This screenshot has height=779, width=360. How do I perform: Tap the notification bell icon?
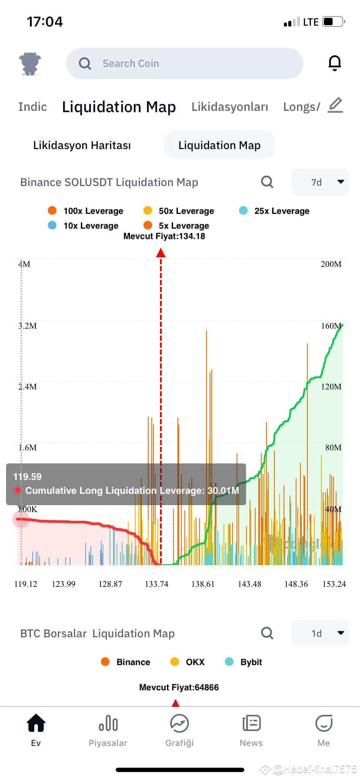(334, 63)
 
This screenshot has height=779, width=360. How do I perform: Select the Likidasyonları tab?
(230, 107)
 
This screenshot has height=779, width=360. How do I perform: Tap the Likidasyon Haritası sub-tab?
(82, 145)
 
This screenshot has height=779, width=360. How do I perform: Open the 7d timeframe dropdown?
(320, 182)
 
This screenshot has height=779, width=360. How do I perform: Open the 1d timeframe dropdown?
(320, 633)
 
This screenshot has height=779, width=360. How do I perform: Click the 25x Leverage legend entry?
(274, 211)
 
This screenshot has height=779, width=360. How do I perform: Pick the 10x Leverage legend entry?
(83, 226)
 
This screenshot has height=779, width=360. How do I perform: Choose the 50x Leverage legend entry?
(179, 211)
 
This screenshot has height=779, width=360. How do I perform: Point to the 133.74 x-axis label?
(157, 584)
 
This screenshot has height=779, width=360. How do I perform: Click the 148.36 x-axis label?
(296, 584)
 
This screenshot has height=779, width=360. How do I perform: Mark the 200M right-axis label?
(331, 264)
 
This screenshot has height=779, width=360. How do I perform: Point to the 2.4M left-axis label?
(28, 386)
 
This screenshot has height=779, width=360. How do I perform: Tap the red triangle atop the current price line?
(161, 253)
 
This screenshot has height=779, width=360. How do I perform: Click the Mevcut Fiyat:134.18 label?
(164, 236)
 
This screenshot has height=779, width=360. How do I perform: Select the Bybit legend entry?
(243, 662)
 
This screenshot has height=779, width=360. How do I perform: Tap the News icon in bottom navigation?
(251, 724)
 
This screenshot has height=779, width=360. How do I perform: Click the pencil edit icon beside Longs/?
(335, 106)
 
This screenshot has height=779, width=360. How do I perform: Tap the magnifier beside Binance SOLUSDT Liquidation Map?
(267, 182)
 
